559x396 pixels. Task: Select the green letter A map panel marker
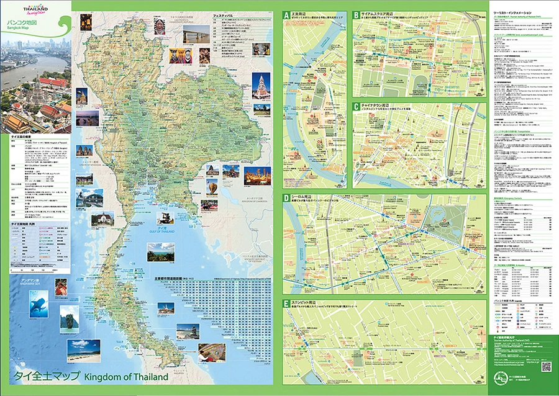[x=286, y=15]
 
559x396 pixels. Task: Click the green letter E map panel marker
[x=286, y=304]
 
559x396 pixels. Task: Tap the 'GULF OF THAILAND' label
[x=161, y=232]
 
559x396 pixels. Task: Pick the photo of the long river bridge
[x=198, y=37]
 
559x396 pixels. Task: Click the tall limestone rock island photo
[x=70, y=318]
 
